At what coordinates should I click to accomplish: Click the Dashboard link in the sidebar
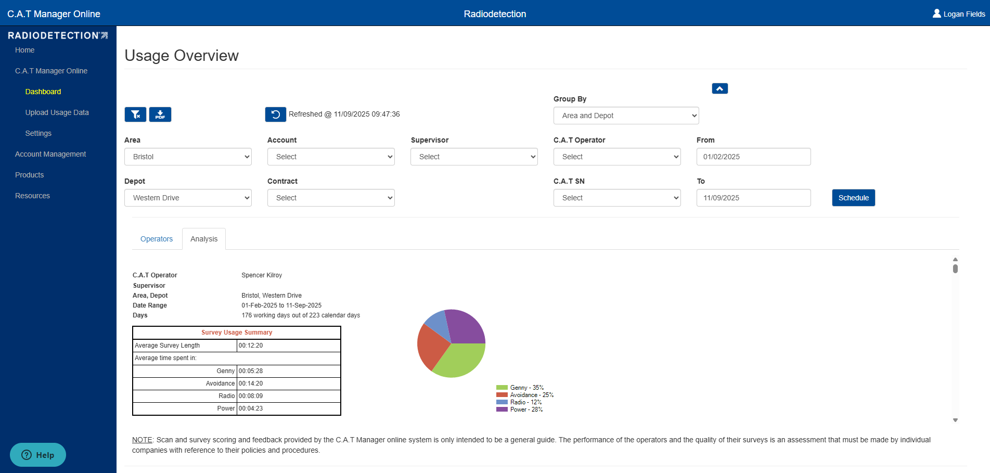pyautogui.click(x=43, y=92)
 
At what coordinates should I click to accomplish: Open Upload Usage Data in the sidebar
pyautogui.click(x=57, y=112)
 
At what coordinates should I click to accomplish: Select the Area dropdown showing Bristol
pyautogui.click(x=188, y=157)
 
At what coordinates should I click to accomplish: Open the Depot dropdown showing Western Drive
pyautogui.click(x=188, y=198)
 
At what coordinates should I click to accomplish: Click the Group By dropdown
pyautogui.click(x=626, y=116)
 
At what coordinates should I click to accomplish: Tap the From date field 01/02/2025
pyautogui.click(x=753, y=157)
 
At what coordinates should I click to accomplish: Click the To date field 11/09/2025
pyautogui.click(x=753, y=198)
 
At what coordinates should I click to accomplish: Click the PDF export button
pyautogui.click(x=160, y=114)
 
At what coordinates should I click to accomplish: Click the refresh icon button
pyautogui.click(x=276, y=114)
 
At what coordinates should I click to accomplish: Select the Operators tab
pyautogui.click(x=157, y=239)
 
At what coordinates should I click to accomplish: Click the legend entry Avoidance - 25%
pyautogui.click(x=525, y=395)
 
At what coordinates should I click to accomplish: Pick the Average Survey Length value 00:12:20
pyautogui.click(x=251, y=346)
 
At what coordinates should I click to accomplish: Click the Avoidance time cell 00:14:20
pyautogui.click(x=251, y=383)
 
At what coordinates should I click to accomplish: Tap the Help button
pyautogui.click(x=38, y=455)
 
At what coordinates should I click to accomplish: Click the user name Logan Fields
pyautogui.click(x=964, y=14)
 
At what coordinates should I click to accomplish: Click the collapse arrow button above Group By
pyautogui.click(x=720, y=88)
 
